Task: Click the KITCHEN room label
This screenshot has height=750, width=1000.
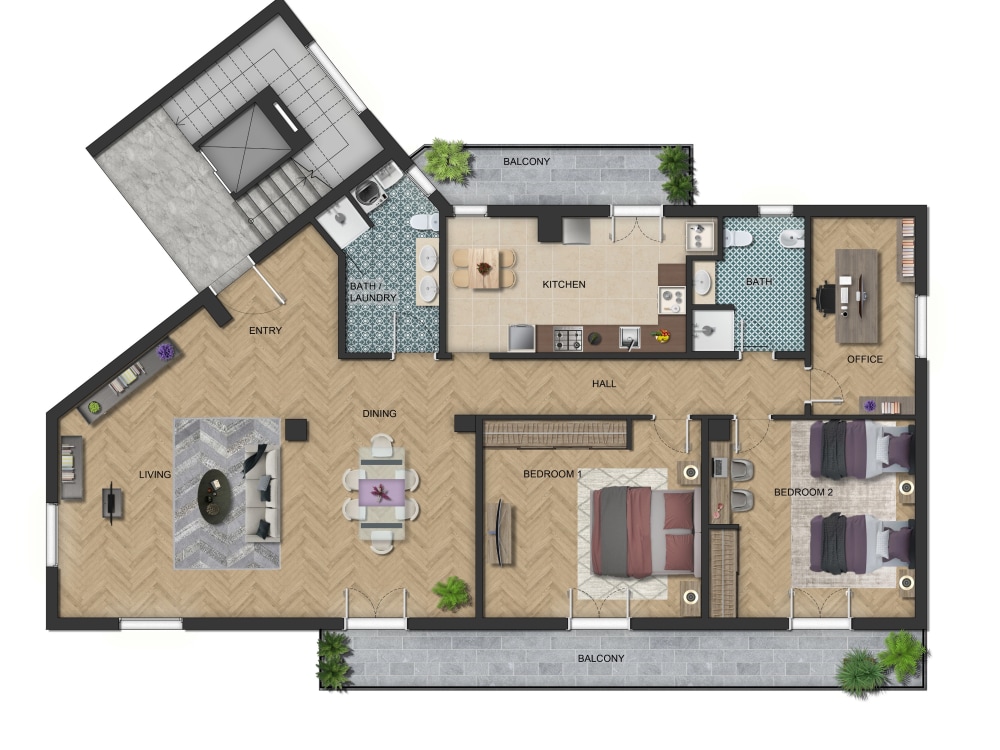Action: (x=563, y=285)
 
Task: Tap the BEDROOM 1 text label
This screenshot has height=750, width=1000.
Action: (x=552, y=474)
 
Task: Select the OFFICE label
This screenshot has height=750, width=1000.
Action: (x=864, y=359)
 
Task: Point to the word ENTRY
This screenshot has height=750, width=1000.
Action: (x=265, y=331)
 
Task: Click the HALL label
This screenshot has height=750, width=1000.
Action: (x=604, y=384)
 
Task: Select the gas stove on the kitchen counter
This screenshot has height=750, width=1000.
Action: (x=569, y=340)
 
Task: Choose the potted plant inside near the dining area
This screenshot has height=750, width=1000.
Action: (x=452, y=593)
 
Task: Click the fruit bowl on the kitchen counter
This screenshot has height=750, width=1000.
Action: (x=661, y=337)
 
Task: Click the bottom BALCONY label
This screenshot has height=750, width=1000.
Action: (x=601, y=658)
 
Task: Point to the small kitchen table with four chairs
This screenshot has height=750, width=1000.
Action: (x=485, y=268)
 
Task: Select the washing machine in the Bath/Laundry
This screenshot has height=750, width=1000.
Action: (x=372, y=190)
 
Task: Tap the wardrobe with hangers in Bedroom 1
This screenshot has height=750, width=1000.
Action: (x=555, y=434)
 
